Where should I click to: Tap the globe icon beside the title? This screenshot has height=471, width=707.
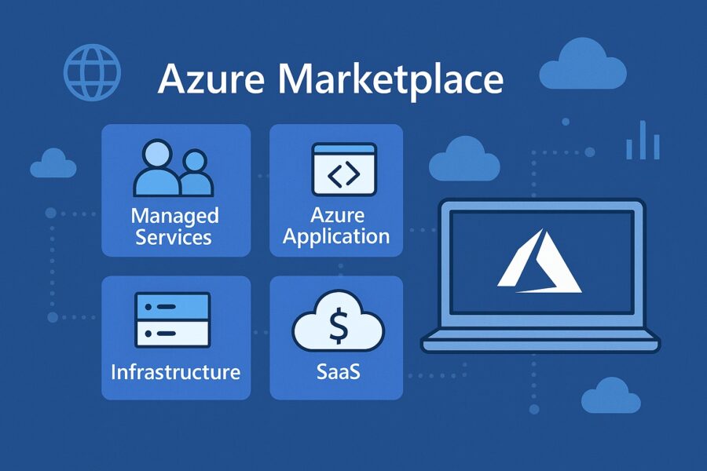[91, 71]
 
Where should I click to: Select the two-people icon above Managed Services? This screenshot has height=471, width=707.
[172, 168]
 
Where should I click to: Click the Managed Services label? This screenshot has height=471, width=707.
[174, 226]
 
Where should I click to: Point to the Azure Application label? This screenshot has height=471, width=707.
[336, 226]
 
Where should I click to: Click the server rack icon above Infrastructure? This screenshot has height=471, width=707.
[172, 319]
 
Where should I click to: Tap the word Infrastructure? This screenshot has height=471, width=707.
[175, 371]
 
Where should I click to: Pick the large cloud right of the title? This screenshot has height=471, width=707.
[583, 66]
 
